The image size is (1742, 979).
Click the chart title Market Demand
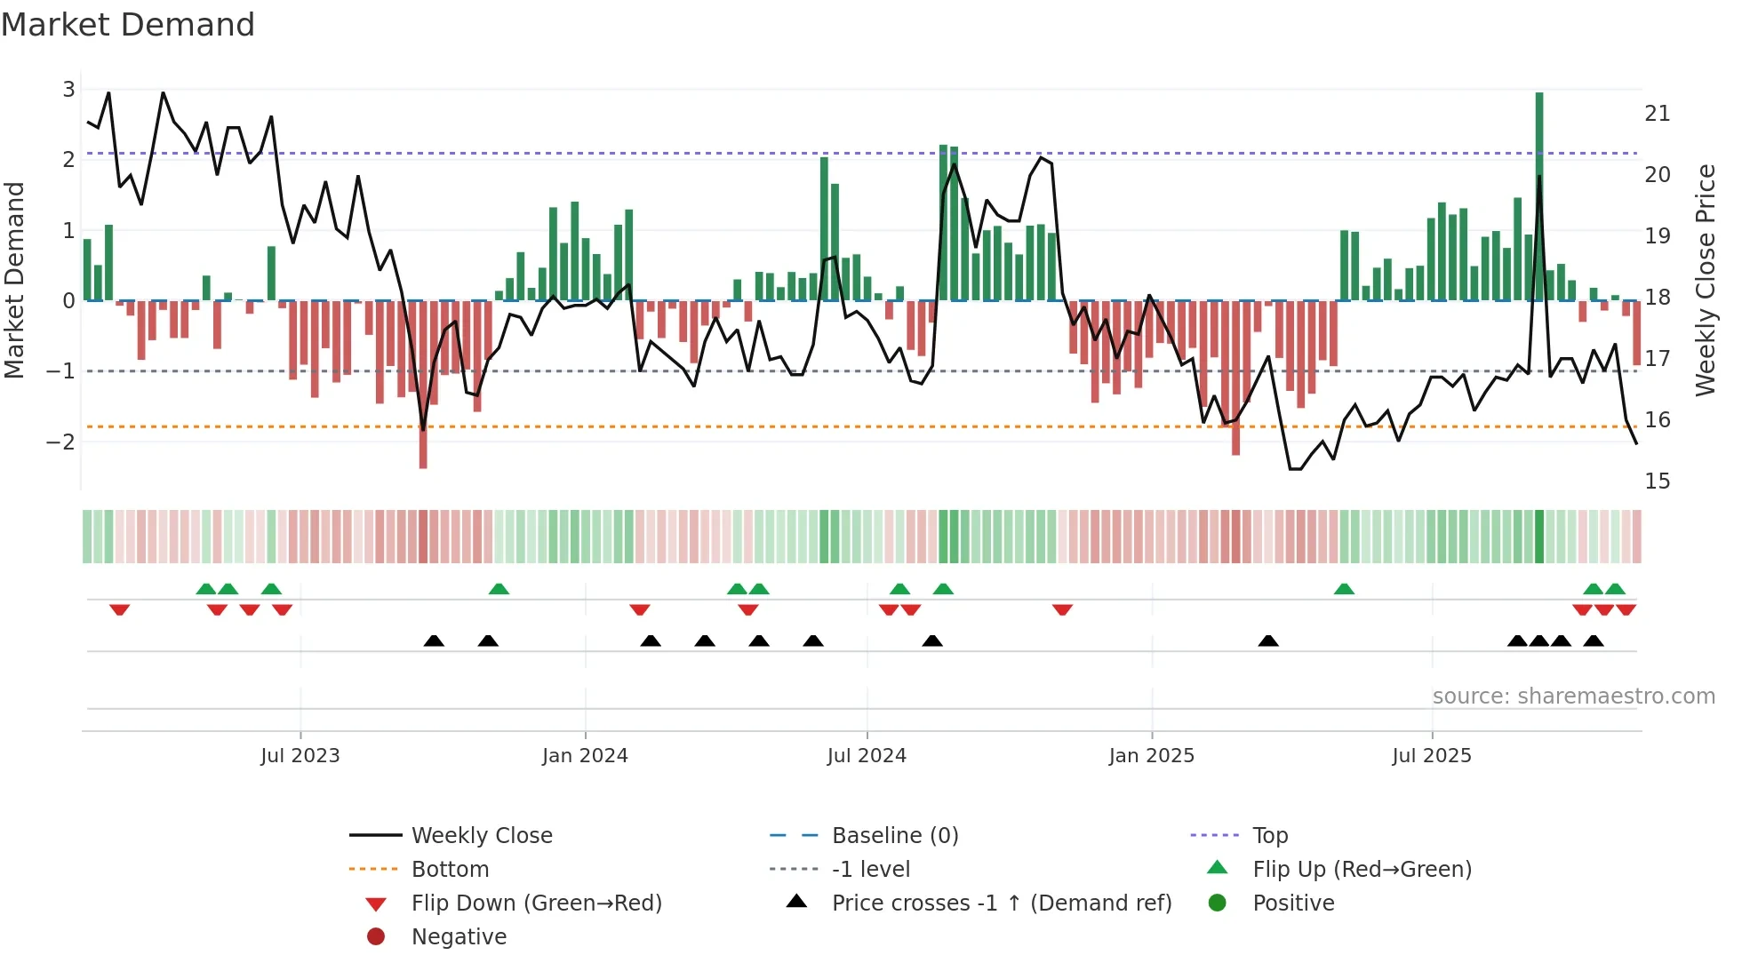point(128,25)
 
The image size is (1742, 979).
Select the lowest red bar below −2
point(423,444)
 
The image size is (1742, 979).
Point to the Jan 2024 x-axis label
point(584,756)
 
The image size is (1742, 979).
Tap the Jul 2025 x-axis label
point(1431,756)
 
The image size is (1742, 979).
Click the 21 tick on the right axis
point(1657,114)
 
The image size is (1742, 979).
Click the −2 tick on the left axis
point(60,442)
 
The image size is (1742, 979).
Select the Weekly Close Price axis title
point(1705,280)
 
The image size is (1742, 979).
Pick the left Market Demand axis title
point(15,280)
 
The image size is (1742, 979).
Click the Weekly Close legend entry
point(481,836)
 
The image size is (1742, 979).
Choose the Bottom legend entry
point(450,870)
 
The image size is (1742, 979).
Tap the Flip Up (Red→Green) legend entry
point(1362,870)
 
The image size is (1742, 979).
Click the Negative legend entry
point(459,937)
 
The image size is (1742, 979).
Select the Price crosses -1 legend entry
point(1001,903)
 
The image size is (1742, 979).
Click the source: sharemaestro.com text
point(1573,696)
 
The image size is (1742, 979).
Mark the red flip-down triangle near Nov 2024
point(1062,609)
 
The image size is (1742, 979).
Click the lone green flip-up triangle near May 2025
point(1344,589)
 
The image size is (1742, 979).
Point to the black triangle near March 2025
point(1268,641)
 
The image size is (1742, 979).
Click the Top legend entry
point(1269,836)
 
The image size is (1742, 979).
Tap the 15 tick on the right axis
point(1657,482)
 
